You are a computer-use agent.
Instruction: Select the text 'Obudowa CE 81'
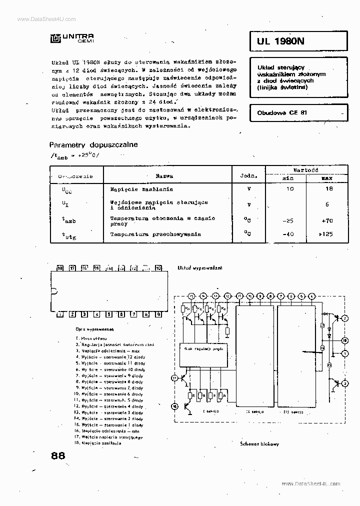point(282,112)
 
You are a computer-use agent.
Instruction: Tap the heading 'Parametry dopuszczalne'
point(93,144)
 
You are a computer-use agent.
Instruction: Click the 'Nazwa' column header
point(164,175)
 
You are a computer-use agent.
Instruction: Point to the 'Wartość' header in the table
point(305,170)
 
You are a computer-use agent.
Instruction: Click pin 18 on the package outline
point(60,268)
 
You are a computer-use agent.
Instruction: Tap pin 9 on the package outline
point(158,314)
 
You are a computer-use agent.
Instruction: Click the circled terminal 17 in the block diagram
point(174,377)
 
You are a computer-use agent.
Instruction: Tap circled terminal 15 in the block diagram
point(191,296)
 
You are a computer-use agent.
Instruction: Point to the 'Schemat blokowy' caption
point(259,444)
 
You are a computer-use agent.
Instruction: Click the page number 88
point(58,455)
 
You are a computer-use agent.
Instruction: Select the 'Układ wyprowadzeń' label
point(200,268)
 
